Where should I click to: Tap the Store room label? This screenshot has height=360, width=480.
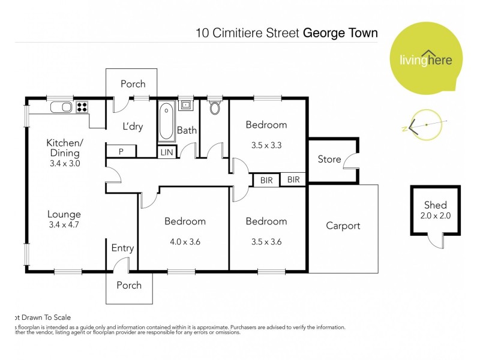[329, 160]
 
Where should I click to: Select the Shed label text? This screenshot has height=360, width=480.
[435, 205]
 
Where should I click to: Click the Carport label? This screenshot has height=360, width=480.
[343, 226]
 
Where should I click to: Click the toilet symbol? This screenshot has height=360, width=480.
[215, 108]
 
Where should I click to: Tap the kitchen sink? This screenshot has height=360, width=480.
[61, 107]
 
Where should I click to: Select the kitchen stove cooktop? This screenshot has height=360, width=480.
[82, 107]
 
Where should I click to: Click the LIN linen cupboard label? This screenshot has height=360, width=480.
[167, 152]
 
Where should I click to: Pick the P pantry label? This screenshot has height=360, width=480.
[121, 152]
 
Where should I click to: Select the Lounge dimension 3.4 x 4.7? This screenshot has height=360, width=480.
[64, 226]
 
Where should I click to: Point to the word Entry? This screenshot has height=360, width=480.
[122, 248]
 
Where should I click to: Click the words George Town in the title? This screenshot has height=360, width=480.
[340, 32]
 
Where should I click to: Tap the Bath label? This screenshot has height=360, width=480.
[187, 130]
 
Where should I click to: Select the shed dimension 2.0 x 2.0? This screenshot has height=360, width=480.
[435, 215]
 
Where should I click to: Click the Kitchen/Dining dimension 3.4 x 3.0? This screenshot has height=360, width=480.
[64, 163]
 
